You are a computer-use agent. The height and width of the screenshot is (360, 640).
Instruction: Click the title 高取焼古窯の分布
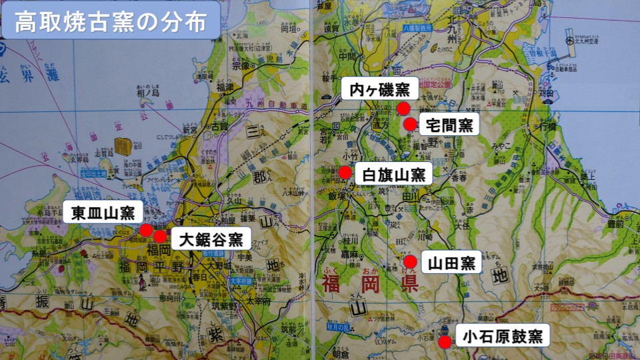(x=109, y=21)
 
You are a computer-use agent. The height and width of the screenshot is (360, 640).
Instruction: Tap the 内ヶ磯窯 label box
(x=379, y=88)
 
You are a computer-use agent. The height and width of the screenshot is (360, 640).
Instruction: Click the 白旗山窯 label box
(x=393, y=175)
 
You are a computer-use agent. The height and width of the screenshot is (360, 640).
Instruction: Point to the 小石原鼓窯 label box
(x=503, y=335)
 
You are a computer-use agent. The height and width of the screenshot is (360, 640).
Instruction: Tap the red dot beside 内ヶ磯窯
(x=403, y=108)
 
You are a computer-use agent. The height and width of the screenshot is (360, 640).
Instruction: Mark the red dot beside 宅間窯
(x=411, y=124)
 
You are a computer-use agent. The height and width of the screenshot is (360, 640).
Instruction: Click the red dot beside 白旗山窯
(x=345, y=173)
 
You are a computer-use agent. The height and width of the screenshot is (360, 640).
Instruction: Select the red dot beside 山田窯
(x=411, y=261)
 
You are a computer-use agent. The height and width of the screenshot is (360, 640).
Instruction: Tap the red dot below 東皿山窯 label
(x=146, y=230)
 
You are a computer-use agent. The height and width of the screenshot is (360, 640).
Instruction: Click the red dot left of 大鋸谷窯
(x=160, y=237)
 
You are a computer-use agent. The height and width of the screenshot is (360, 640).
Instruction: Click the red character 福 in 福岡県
(x=333, y=283)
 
